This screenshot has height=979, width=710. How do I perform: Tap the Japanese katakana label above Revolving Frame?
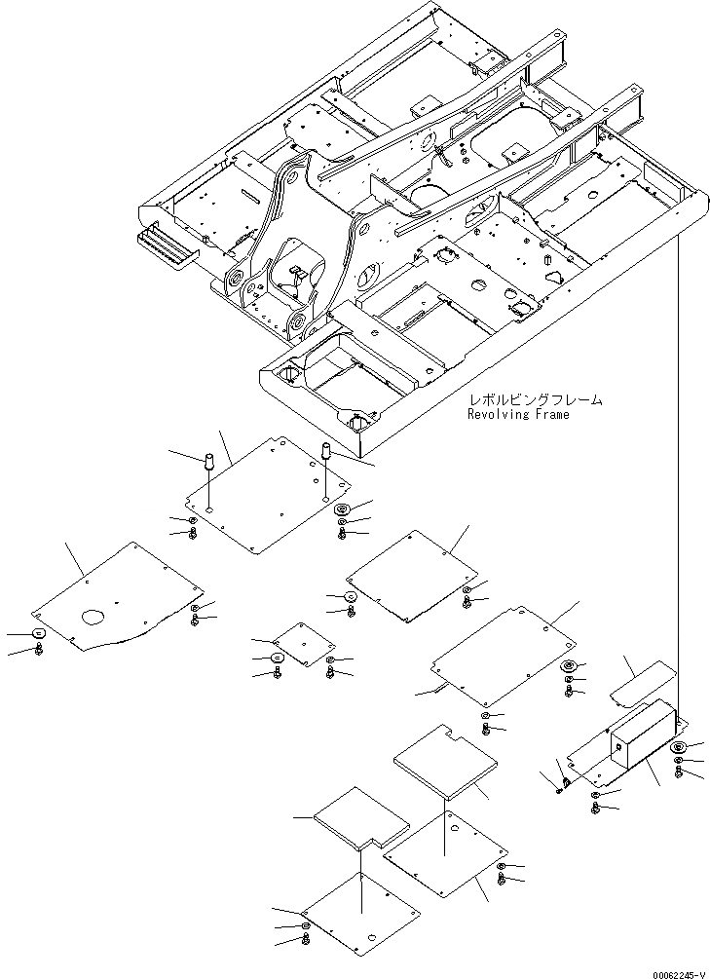(x=535, y=399)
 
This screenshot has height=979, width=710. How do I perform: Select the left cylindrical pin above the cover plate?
(x=208, y=462)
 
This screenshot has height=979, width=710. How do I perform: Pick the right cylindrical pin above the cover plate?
(x=326, y=453)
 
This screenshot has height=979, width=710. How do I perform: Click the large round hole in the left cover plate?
(x=93, y=617)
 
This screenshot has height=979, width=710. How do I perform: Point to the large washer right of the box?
(x=679, y=748)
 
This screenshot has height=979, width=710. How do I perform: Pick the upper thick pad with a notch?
(x=443, y=755)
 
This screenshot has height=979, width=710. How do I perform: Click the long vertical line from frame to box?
(x=675, y=468)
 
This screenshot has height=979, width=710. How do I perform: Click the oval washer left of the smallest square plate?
(x=278, y=659)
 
